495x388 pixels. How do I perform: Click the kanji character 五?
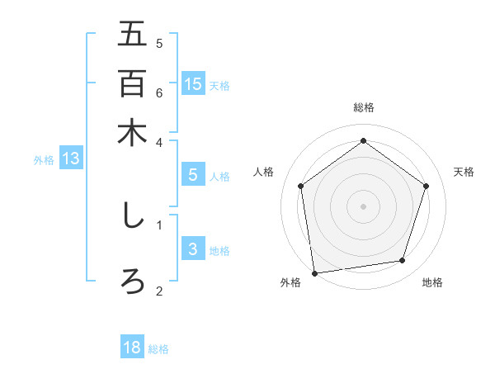click(132, 35)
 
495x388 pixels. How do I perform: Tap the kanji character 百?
click(132, 83)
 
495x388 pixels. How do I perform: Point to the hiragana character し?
click(132, 216)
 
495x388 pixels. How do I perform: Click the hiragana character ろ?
click(132, 281)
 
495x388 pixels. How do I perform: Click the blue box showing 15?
click(193, 83)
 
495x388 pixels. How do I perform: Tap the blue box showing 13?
click(71, 159)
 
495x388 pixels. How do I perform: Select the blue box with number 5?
click(193, 175)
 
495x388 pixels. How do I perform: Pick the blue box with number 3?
click(193, 250)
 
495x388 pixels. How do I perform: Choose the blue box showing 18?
click(132, 348)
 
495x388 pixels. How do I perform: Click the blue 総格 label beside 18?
click(158, 349)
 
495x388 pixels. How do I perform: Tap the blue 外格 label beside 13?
click(44, 160)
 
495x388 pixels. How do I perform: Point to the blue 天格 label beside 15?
click(219, 85)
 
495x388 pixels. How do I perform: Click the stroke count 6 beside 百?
click(159, 92)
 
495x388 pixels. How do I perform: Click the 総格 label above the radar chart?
click(364, 107)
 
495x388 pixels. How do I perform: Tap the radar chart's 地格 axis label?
click(432, 282)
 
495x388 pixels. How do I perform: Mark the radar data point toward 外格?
click(314, 272)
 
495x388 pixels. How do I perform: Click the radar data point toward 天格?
click(426, 186)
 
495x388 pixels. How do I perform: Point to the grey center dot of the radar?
click(363, 206)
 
